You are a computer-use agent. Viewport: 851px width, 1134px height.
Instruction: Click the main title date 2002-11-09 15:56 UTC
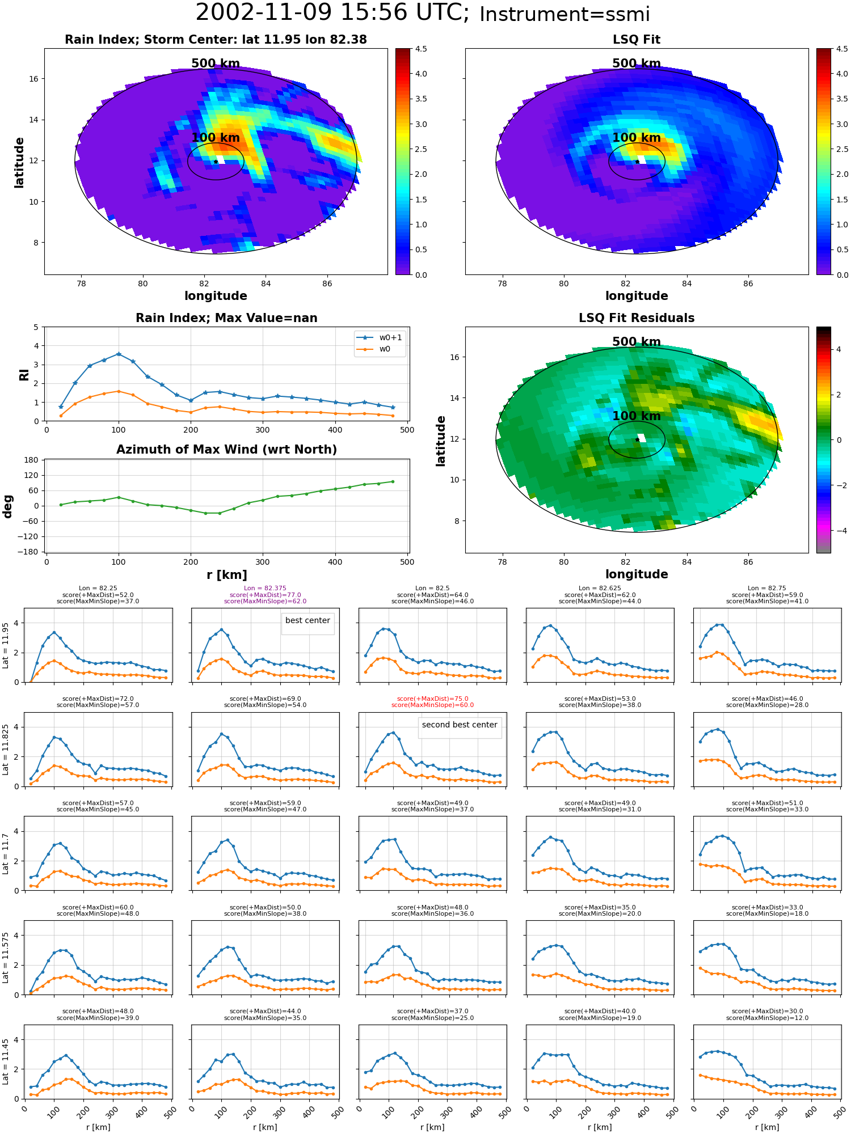[332, 12]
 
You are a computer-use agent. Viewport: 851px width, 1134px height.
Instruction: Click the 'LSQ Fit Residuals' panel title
[637, 318]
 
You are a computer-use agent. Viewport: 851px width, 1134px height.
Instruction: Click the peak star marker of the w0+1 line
[119, 354]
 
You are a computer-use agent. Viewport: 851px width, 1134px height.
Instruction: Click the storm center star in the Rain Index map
[216, 162]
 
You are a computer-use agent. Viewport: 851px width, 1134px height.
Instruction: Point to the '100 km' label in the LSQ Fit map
[637, 138]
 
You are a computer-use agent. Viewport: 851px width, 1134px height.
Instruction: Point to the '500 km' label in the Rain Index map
[216, 64]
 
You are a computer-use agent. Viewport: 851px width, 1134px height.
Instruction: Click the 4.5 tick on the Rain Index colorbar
[421, 49]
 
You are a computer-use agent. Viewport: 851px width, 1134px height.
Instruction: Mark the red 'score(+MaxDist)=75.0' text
[433, 699]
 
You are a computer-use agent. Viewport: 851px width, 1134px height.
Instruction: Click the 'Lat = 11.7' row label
[6, 854]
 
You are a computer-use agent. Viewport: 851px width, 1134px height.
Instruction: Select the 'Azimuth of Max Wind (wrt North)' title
[226, 450]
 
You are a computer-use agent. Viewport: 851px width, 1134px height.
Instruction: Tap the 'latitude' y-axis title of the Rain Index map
[19, 162]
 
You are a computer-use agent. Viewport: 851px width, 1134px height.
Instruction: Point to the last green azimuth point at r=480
[393, 482]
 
